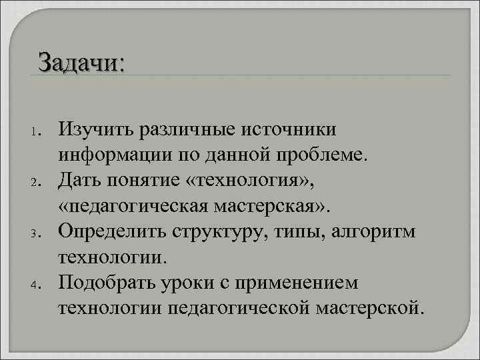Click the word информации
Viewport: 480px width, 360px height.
tap(119, 154)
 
